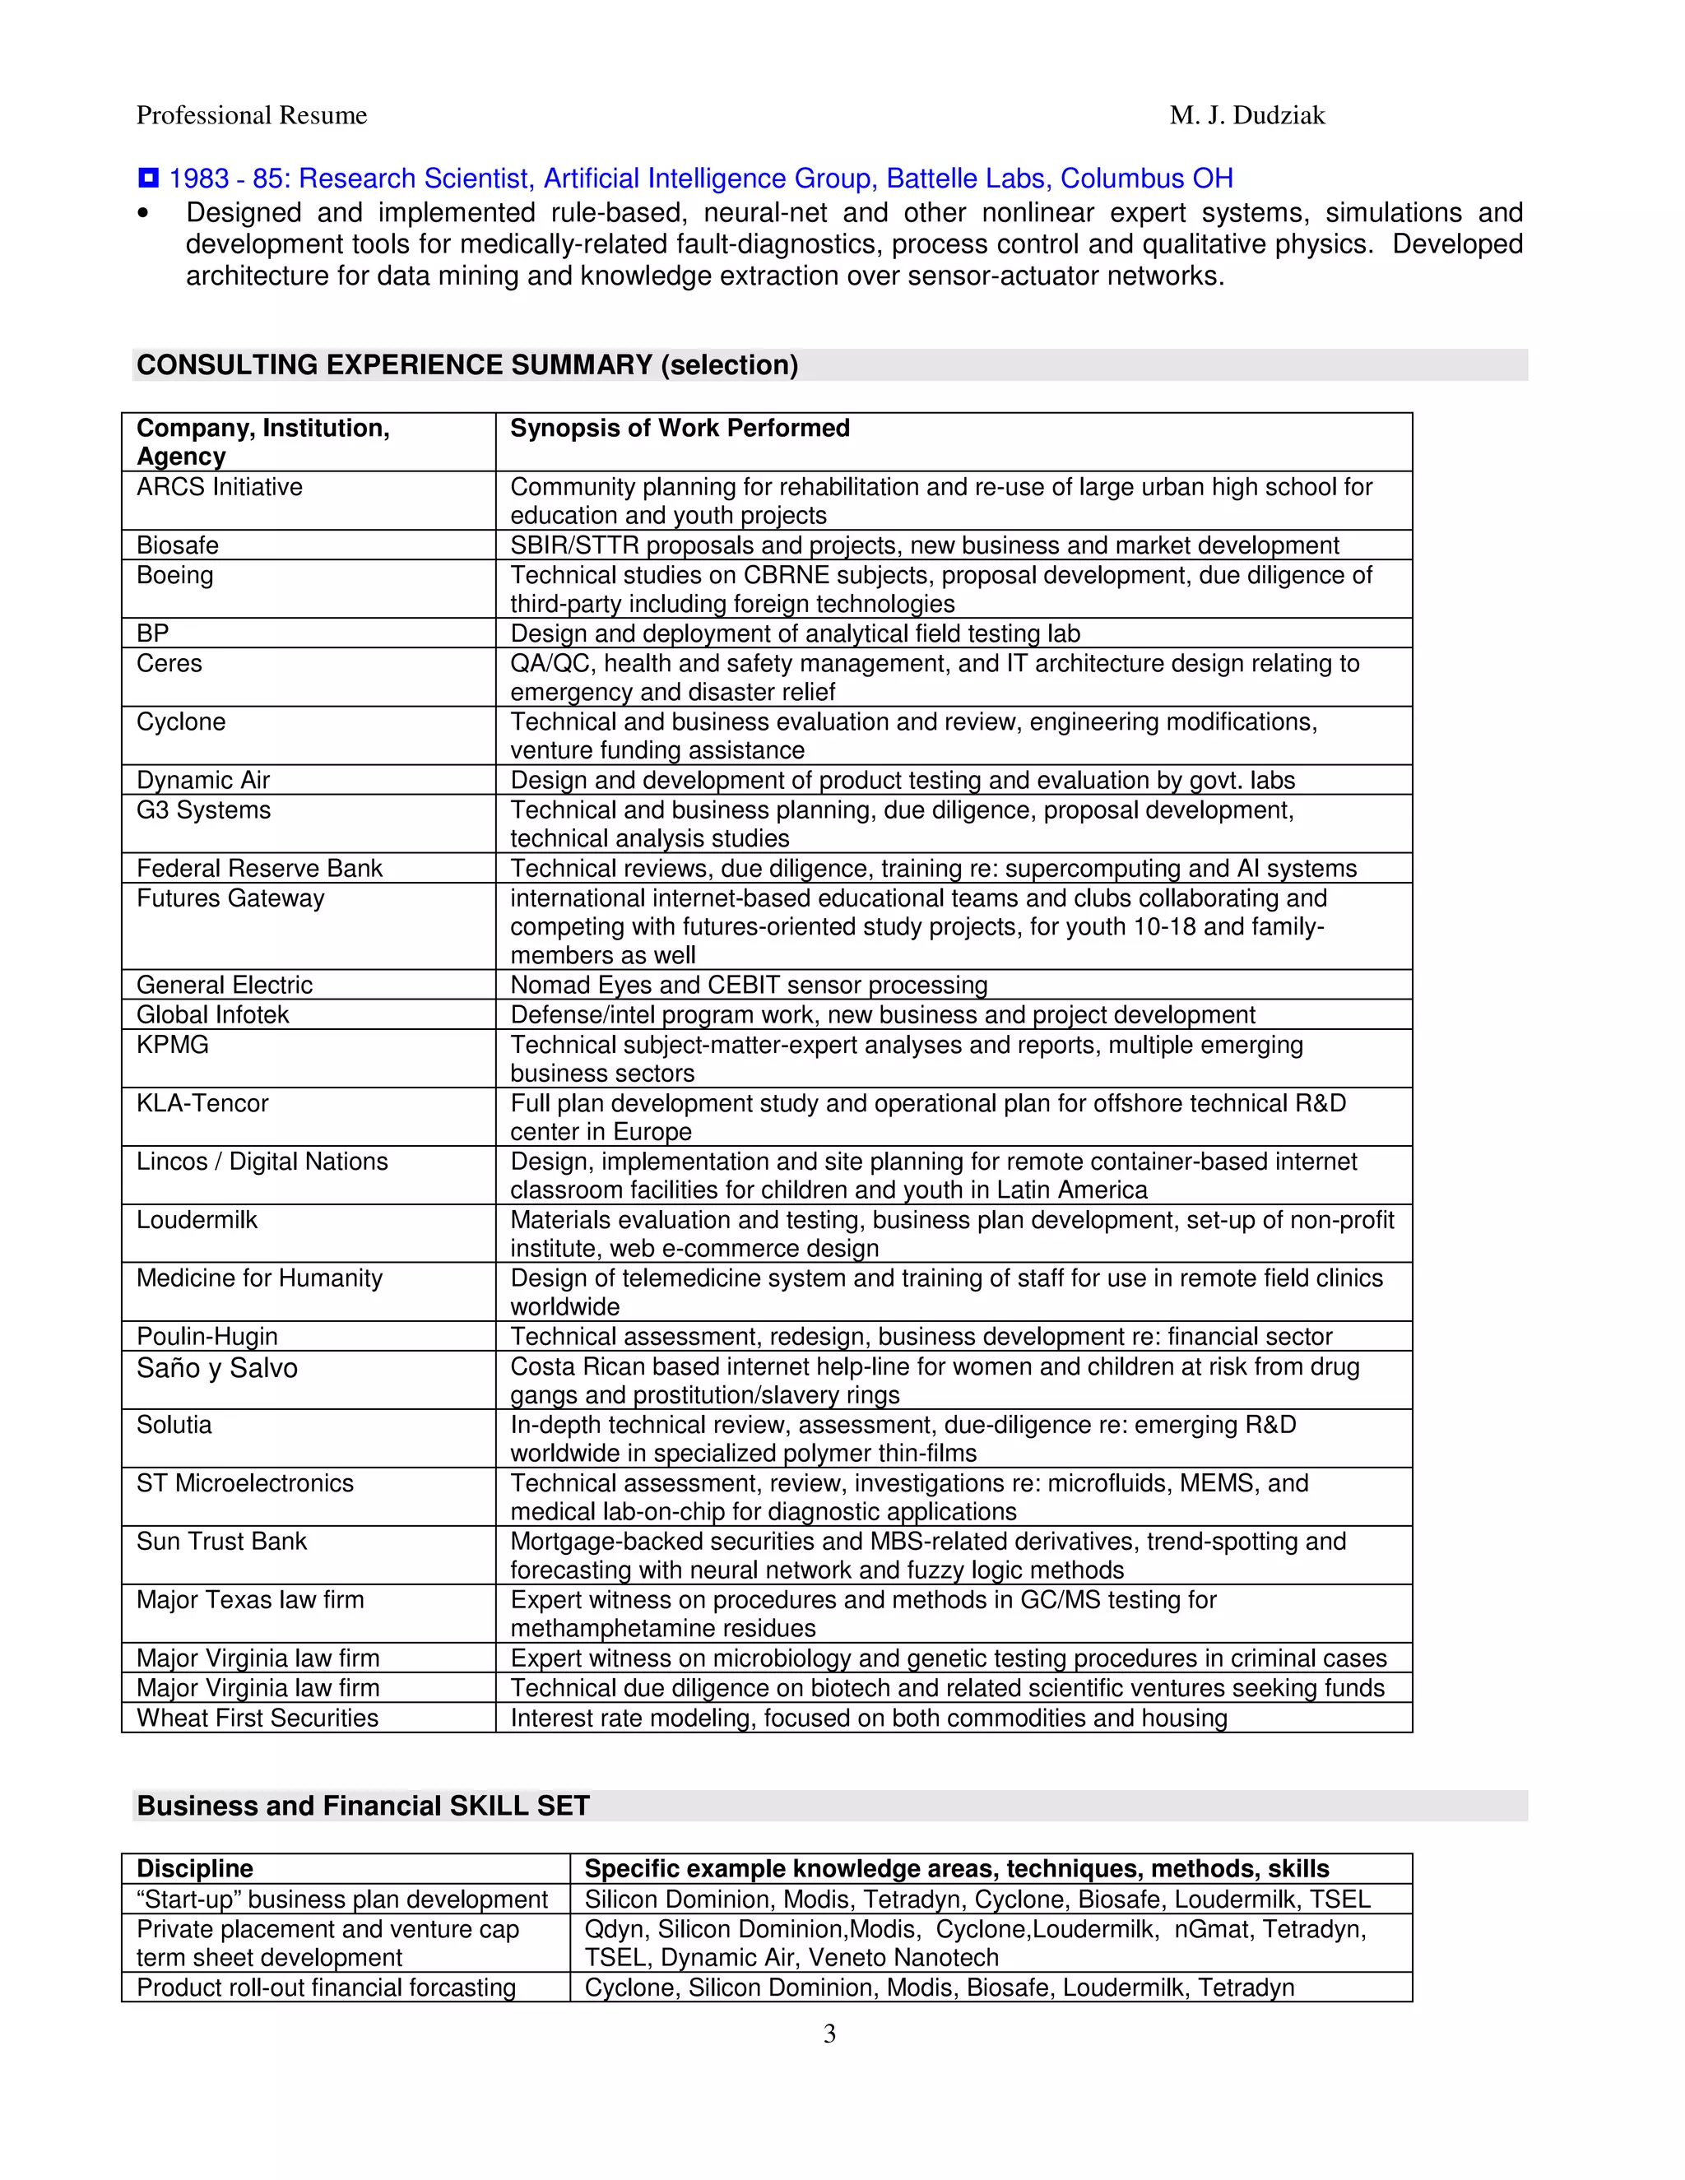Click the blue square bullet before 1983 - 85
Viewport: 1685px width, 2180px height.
point(148,179)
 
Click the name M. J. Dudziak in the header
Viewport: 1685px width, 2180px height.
point(1246,116)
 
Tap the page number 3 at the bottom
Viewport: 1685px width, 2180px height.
point(829,2034)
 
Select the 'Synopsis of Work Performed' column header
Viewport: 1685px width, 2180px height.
point(680,429)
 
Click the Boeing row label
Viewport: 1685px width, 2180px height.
point(174,575)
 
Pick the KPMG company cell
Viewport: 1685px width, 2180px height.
point(173,1045)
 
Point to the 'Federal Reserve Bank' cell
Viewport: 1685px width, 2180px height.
point(259,869)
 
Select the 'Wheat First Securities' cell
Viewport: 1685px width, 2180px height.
point(258,1718)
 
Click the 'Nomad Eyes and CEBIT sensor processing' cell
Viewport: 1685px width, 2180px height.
point(749,986)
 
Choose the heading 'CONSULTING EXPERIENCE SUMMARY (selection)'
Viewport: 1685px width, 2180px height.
point(467,365)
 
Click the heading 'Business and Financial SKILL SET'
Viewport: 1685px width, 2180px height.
point(364,1806)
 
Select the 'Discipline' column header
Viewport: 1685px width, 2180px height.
point(195,1868)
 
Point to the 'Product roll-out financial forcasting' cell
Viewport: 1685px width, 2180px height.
point(327,1988)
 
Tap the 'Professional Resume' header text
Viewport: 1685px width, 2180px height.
point(252,116)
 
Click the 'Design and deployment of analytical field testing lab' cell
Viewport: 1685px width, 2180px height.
point(795,633)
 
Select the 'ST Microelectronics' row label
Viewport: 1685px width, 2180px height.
point(244,1483)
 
